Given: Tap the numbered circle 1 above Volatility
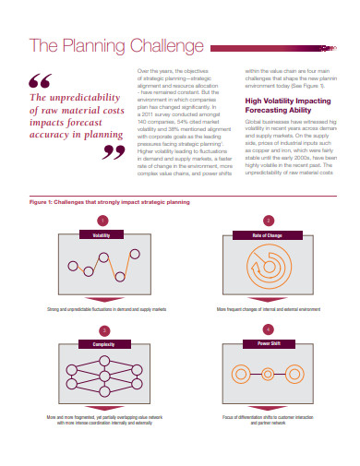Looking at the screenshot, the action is click(103, 221).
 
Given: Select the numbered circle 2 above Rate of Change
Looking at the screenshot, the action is click(268, 221).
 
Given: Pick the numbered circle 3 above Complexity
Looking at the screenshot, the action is click(103, 329).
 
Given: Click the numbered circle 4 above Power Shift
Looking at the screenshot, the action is click(268, 329).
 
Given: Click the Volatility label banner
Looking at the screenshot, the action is click(102, 235).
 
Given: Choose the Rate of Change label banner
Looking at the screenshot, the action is click(268, 235).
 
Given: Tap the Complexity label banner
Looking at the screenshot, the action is click(103, 343).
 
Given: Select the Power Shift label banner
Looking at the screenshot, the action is click(268, 343).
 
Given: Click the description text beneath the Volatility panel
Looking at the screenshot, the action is click(102, 309).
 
